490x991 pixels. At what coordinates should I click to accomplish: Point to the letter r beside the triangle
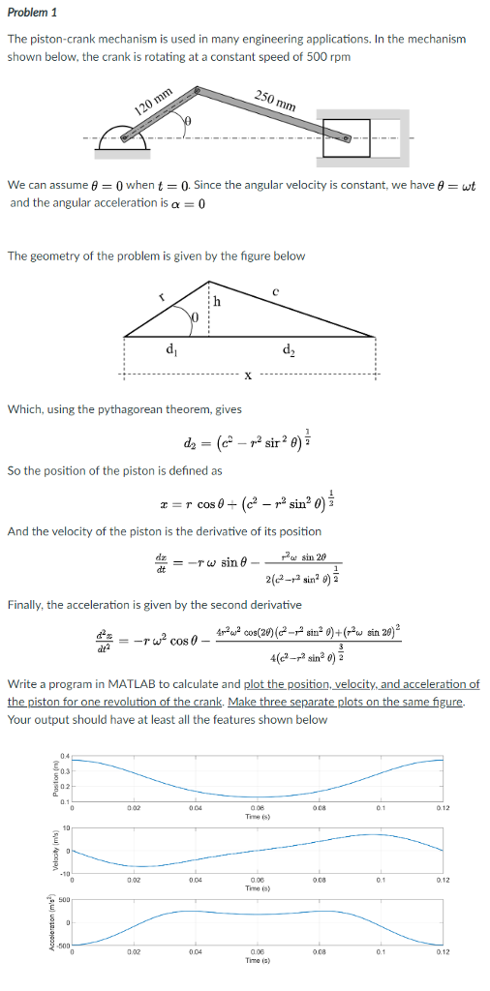(x=162, y=298)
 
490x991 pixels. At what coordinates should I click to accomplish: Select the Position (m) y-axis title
(x=41, y=776)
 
